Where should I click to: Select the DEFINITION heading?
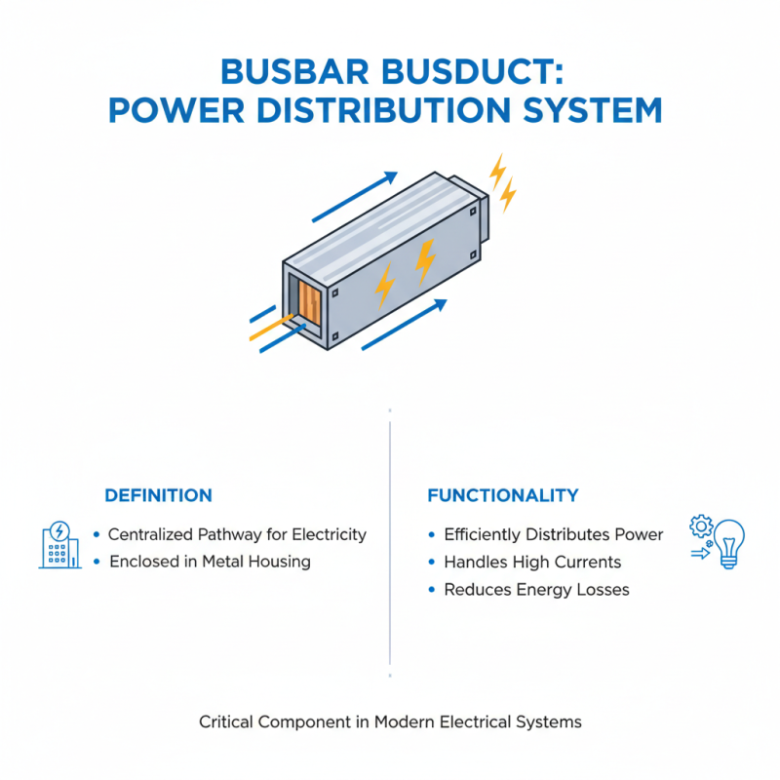coord(157,495)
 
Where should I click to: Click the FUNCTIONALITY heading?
coord(503,495)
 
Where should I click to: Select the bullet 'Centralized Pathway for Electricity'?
coord(237,534)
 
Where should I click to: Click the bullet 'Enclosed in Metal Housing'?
coord(210,562)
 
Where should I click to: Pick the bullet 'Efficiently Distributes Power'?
coord(553,534)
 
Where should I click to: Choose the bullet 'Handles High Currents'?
coord(531,562)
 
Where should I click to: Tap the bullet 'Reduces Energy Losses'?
coord(536,589)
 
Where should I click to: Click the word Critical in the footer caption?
coord(225,722)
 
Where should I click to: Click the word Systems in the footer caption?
coord(551,722)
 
